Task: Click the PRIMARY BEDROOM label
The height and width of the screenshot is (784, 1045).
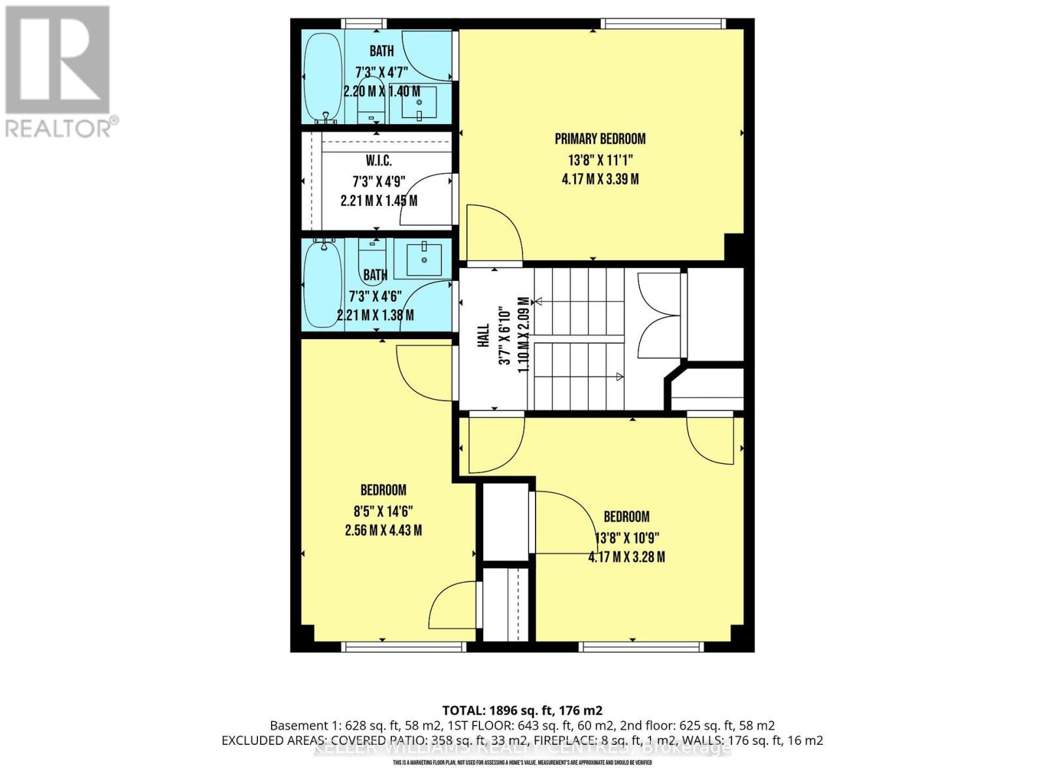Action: point(600,139)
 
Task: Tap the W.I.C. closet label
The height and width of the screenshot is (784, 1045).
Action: point(379,161)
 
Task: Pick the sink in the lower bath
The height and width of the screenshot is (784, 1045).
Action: point(424,259)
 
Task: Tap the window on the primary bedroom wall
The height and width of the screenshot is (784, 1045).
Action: point(664,24)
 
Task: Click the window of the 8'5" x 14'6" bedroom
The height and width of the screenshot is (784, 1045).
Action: point(404,647)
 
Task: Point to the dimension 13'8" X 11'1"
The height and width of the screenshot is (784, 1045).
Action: point(600,159)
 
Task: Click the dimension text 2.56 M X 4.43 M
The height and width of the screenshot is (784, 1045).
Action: point(383,531)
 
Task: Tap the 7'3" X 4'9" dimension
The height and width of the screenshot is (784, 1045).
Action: point(379,181)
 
